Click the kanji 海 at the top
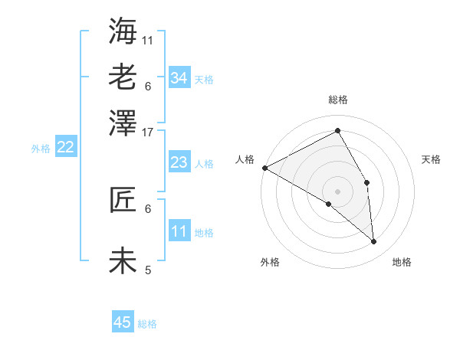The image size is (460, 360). pos(123,31)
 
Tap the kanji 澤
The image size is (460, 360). pos(123,123)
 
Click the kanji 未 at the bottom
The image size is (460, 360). pos(123,260)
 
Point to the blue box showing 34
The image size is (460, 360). pos(179,78)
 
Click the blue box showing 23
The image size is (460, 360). pos(179,162)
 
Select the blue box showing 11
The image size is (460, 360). pos(179,231)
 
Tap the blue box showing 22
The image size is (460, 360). pos(65,148)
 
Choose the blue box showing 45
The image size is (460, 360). pos(123,322)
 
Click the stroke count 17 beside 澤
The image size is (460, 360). pos(148,131)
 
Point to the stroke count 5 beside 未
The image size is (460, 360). pos(148,270)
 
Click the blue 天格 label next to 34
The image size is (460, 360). pos(204,80)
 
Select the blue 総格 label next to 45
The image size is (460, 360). pos(147,324)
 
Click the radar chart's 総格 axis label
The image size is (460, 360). pos(338,100)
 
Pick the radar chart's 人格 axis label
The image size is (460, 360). pos(245,159)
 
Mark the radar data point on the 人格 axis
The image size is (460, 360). pos(264,168)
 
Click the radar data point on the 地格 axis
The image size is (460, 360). pos(374,242)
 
